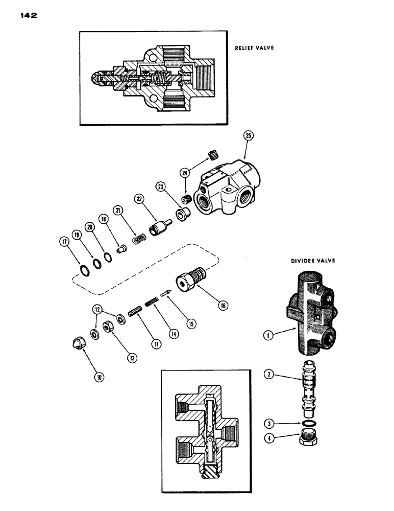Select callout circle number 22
click(139, 199)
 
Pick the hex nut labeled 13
click(108, 326)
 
